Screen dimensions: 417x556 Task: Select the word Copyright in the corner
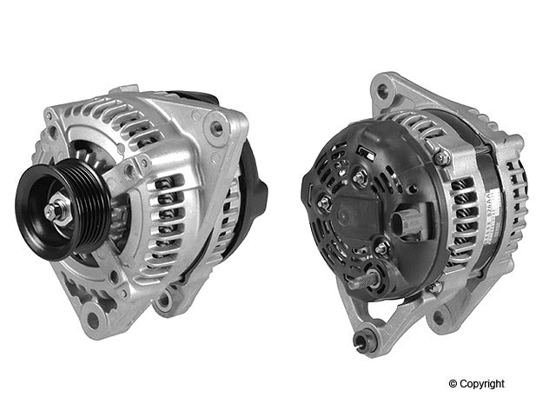click(483, 383)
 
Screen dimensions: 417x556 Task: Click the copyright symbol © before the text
click(453, 383)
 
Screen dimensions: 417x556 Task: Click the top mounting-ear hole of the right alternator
click(383, 84)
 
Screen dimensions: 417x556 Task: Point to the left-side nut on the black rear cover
click(323, 203)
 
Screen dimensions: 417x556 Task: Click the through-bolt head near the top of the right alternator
click(443, 158)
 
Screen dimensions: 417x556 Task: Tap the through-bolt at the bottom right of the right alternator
click(434, 286)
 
